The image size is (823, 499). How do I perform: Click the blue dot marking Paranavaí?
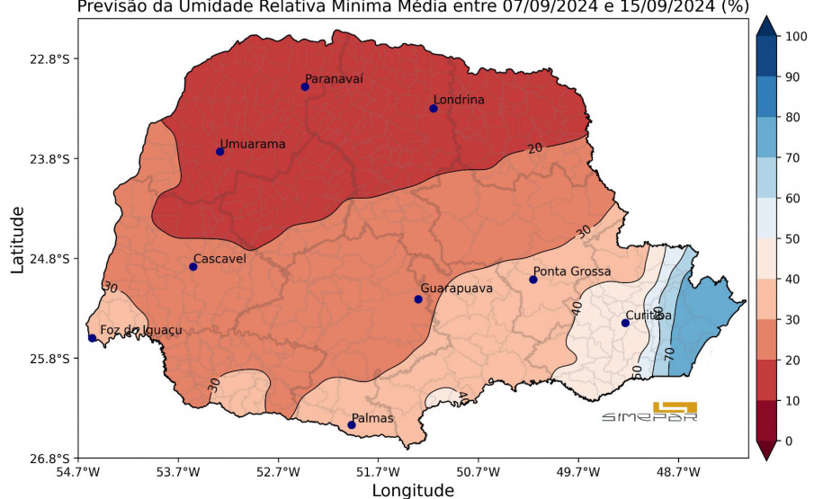tap(305, 87)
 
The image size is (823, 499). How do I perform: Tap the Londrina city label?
tap(459, 100)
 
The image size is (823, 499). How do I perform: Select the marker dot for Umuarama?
tap(220, 151)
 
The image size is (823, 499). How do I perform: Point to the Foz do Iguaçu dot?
tap(93, 338)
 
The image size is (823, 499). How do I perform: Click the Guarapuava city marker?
tap(418, 299)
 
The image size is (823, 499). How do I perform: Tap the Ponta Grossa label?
tap(572, 271)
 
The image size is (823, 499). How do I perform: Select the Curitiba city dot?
tap(625, 323)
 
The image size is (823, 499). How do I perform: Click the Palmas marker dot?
tap(352, 425)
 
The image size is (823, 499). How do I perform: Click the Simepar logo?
tap(650, 413)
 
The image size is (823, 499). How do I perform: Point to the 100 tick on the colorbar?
tap(796, 37)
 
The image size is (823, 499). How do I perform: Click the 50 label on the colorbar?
tap(792, 239)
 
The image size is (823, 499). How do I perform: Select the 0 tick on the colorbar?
tap(789, 441)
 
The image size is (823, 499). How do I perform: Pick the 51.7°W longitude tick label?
tap(377, 471)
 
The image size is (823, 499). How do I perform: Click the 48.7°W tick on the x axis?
tap(678, 471)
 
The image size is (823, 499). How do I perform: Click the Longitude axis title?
tap(413, 490)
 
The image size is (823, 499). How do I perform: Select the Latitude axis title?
tap(17, 239)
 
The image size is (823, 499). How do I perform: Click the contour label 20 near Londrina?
tap(535, 147)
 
